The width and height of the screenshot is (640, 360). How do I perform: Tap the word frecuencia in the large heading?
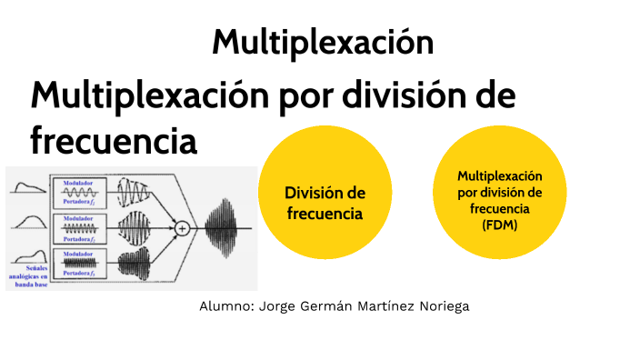[x=114, y=141]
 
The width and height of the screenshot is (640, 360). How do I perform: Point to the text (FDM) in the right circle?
[x=500, y=226]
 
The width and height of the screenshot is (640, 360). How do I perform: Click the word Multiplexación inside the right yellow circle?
[x=500, y=175]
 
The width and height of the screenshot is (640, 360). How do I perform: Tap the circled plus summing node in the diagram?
[x=182, y=228]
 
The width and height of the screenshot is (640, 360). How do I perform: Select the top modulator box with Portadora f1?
[x=81, y=192]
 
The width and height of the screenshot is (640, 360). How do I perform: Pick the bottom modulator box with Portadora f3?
[x=81, y=262]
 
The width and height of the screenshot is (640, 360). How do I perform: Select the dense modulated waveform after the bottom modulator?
[x=135, y=263]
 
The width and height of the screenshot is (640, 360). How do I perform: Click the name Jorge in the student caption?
[x=279, y=307]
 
